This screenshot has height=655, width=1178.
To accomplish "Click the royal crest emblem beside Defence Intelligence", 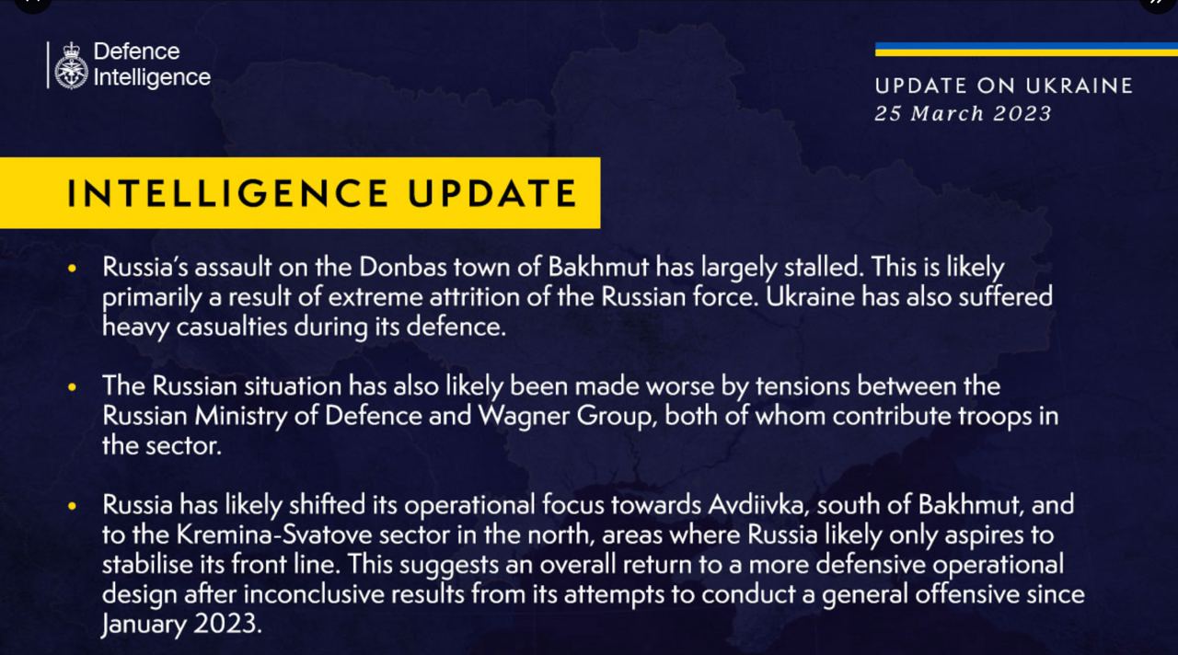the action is pos(71,66).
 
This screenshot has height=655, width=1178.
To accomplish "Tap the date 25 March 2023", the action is pos(963,113).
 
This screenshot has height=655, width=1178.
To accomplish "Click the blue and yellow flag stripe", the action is pos(1026,50).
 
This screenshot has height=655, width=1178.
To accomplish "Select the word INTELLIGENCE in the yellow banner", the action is pos(227,193).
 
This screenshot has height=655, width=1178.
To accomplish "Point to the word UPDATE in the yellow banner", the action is pos(492,193).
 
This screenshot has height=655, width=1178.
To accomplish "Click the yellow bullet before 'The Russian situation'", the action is pos(72,387).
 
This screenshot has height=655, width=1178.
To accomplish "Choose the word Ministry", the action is pos(241,417).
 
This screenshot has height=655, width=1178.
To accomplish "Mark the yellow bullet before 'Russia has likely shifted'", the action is pos(72,506).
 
